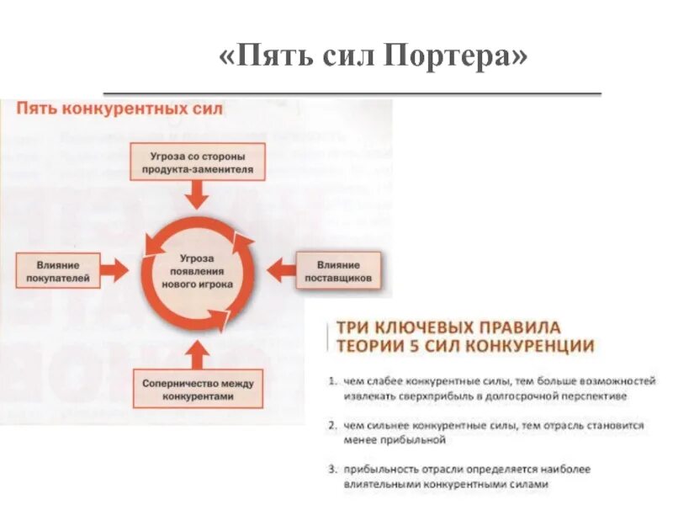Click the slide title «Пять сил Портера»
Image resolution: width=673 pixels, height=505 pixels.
point(374,57)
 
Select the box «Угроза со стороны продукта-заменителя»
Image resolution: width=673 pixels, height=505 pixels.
point(198,162)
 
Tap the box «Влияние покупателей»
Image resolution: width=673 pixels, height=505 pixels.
point(57,269)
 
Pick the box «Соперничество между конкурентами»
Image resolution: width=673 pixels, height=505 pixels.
point(198,389)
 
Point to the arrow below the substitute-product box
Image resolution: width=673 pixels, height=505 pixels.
point(199,196)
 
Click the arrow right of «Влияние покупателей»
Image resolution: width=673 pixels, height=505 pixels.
point(116,270)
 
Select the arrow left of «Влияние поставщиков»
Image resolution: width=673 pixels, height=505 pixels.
point(278,270)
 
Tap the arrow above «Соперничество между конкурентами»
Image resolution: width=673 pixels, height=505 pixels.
point(199,351)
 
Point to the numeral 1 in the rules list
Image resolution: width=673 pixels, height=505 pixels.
point(332,381)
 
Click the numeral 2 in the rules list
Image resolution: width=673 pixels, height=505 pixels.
point(332,426)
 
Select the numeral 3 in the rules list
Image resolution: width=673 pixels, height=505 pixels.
point(332,470)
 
